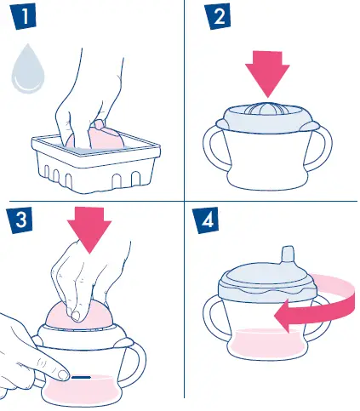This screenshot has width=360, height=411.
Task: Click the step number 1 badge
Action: point(24,16)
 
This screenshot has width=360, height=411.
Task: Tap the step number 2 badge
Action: point(218,16)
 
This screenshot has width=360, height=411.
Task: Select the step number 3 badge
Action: point(20,220)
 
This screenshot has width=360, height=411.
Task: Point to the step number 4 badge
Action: point(207,220)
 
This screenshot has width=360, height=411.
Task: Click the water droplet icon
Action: point(28,70)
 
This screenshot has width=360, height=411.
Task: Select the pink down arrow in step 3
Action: point(89,229)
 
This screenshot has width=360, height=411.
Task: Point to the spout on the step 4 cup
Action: point(289,256)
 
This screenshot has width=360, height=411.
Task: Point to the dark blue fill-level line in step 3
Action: point(81,378)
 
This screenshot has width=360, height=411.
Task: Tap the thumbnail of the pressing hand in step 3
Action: point(76,316)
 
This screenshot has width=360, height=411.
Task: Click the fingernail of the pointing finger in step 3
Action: point(63,375)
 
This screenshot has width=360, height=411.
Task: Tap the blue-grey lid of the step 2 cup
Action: point(266,118)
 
